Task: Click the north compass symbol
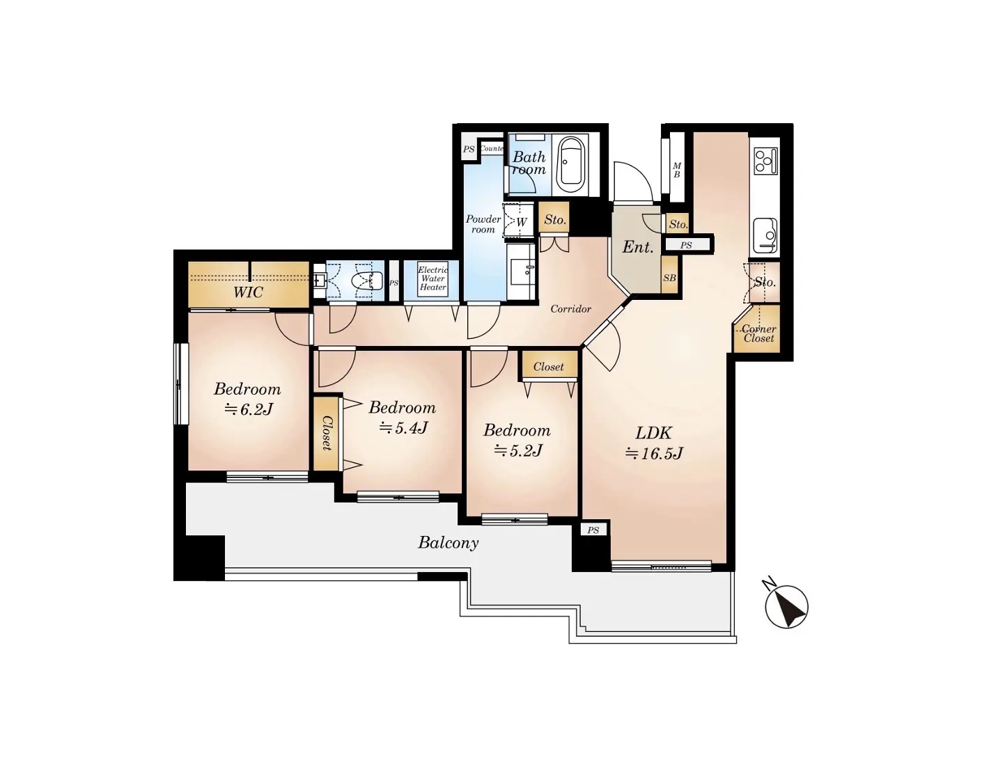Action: [x=786, y=606]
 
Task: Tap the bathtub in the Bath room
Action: [x=571, y=164]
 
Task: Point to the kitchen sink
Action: [x=766, y=236]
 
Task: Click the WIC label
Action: [x=248, y=292]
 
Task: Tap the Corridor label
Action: [x=570, y=309]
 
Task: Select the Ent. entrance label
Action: [x=637, y=247]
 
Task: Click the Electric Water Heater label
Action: [x=433, y=278]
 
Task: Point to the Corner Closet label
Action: [x=759, y=333]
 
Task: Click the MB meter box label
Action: [x=677, y=170]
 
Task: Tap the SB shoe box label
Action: [x=669, y=278]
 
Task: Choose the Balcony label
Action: [x=449, y=543]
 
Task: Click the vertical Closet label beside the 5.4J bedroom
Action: [x=326, y=434]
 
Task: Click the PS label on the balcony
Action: [x=593, y=530]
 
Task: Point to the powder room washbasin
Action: [x=521, y=271]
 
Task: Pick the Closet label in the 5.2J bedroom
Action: [x=548, y=367]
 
